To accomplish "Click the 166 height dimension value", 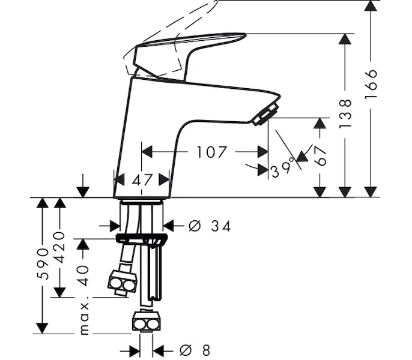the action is pos(371,84).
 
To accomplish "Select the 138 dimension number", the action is pos(345,113).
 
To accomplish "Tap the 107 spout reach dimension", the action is pos(211,152).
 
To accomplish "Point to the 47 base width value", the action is pos(142,180).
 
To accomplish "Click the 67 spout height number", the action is pos(320,156).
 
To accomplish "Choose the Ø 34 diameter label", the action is pos(210,226).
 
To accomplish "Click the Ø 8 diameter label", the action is pos(195,350).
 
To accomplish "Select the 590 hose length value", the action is pos(43,263).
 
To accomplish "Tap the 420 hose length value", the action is pos(61,247).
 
